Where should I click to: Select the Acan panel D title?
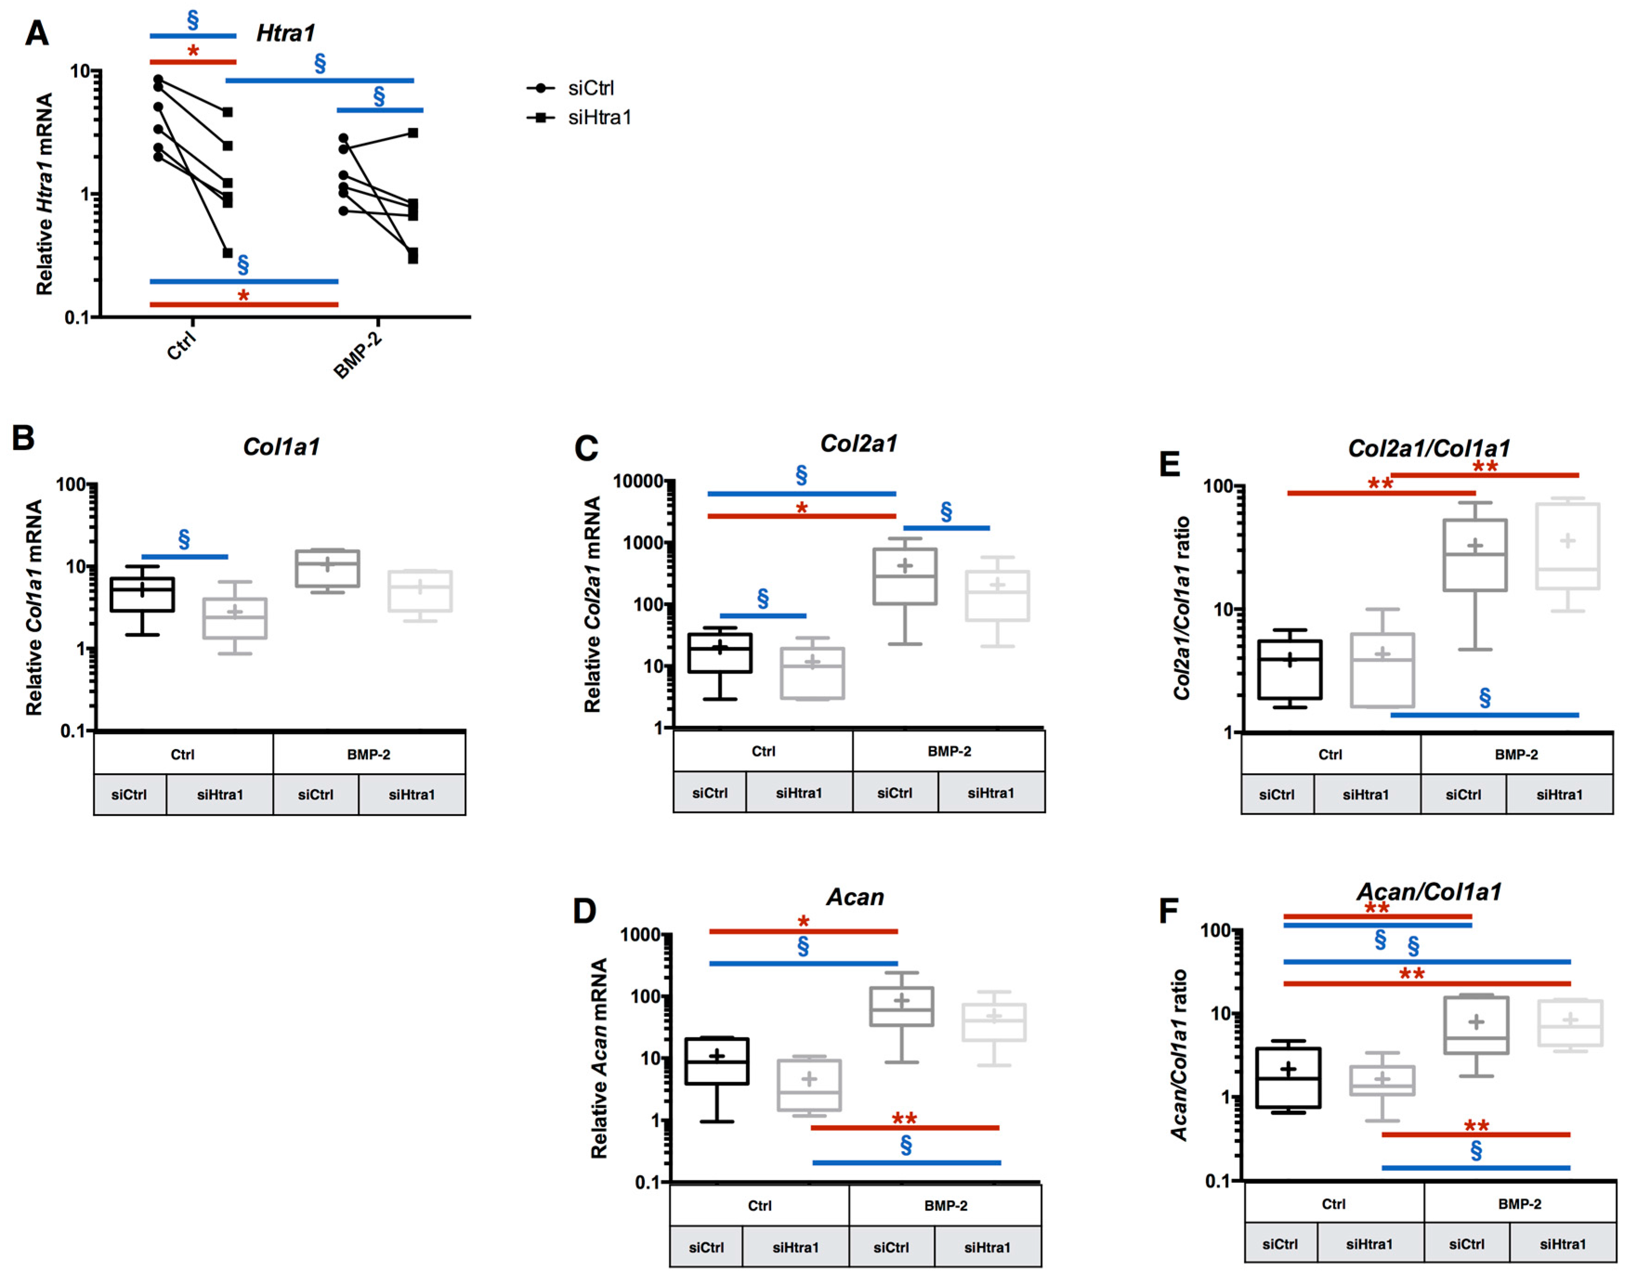[855, 897]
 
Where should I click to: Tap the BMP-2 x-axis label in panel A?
[358, 354]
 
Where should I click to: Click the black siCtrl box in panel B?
[142, 594]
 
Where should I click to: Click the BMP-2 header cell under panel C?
[948, 751]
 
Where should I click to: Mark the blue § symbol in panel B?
[184, 539]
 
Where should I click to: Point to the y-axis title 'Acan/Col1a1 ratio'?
[1179, 1054]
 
